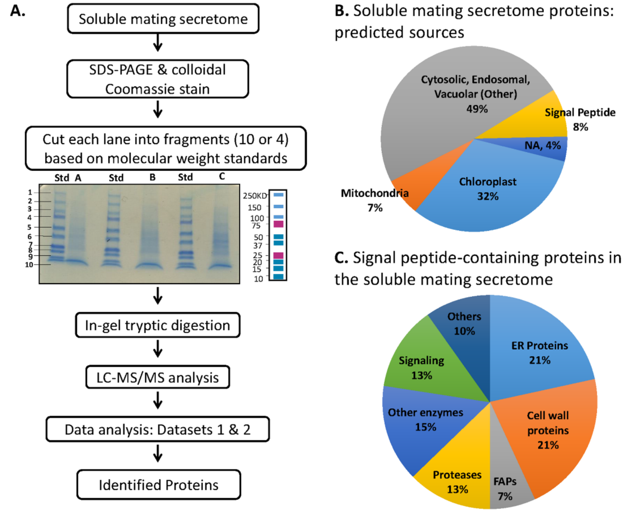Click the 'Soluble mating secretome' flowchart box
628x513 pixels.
pyautogui.click(x=163, y=19)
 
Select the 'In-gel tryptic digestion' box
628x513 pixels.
pyautogui.click(x=157, y=325)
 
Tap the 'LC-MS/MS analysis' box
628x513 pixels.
pyautogui.click(x=157, y=377)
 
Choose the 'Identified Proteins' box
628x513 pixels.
pyautogui.click(x=158, y=485)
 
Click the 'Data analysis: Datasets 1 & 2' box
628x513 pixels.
pyautogui.click(x=157, y=429)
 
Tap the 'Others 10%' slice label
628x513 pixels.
pyautogui.click(x=464, y=324)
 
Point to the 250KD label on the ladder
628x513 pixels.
pyautogui.click(x=255, y=196)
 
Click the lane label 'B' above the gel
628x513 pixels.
pyautogui.click(x=152, y=177)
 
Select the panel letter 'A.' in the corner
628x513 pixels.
pyautogui.click(x=18, y=11)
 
